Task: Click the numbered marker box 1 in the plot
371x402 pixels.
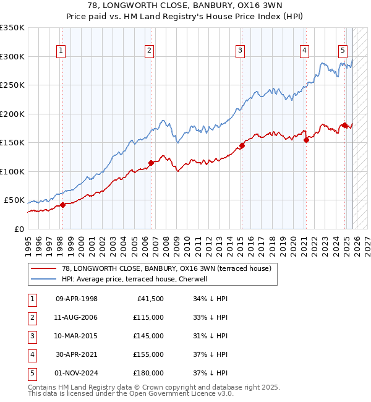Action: click(62, 51)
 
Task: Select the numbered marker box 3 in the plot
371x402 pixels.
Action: click(240, 51)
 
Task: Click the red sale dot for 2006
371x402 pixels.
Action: click(151, 163)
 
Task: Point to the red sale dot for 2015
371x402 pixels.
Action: click(242, 146)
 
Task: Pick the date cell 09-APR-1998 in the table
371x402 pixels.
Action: click(77, 299)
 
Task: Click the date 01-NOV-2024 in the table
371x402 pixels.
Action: click(77, 373)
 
